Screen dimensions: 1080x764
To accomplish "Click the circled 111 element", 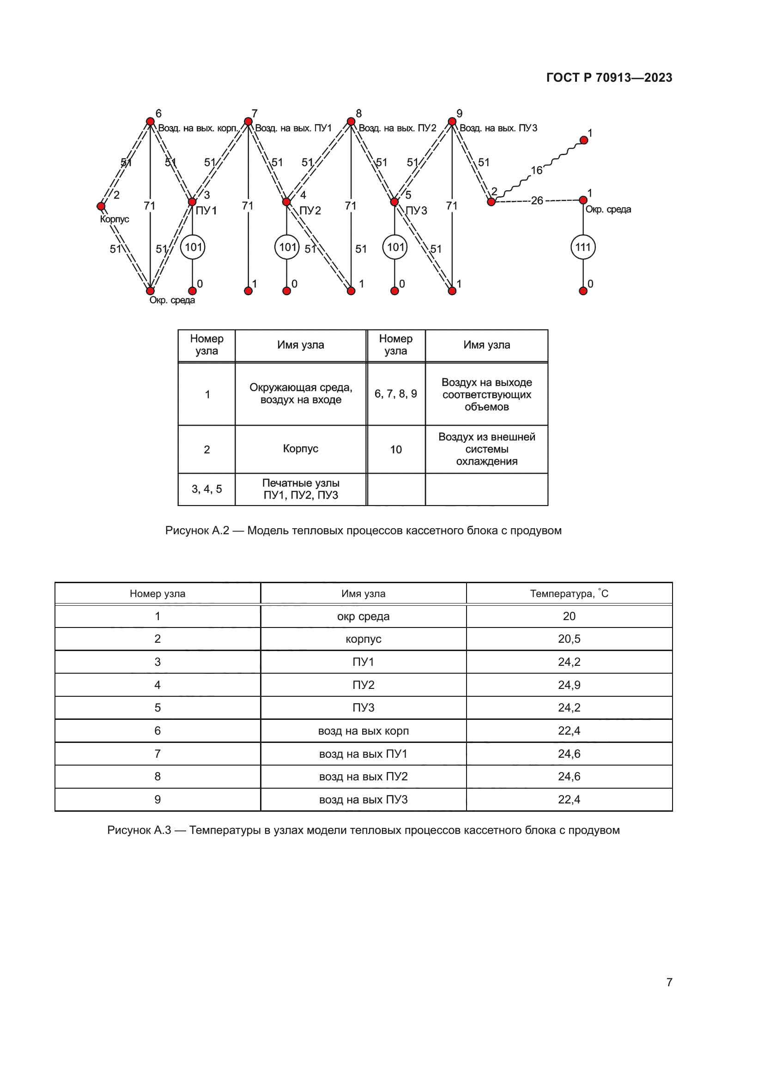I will [582, 247].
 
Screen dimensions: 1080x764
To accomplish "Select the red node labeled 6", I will [150, 122].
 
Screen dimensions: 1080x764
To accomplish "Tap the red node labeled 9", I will [452, 122].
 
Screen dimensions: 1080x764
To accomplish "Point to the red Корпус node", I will [101, 206].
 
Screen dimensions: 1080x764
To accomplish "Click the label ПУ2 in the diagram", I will [310, 210].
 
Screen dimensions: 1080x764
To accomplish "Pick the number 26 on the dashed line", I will [537, 201].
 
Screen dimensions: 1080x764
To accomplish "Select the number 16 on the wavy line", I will [536, 170].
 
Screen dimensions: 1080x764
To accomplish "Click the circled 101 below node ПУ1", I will [193, 247].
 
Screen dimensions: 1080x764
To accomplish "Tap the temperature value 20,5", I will [569, 639].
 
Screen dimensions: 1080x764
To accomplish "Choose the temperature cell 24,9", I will [569, 685].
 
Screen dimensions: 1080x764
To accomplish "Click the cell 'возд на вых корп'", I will [363, 730].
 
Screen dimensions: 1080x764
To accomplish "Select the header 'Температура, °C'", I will [569, 594].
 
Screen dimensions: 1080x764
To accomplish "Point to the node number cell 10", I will [396, 450].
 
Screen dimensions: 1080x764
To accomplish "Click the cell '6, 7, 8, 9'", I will [396, 394].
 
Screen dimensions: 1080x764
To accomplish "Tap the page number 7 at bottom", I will [669, 982].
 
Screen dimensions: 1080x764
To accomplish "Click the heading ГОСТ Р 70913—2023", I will [609, 78].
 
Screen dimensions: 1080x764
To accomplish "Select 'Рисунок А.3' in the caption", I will [139, 830].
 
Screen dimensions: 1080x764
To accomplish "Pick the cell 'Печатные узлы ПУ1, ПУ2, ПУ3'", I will [301, 489].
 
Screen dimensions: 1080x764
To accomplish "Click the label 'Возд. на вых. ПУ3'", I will [498, 128].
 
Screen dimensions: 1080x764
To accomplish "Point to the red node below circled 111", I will [583, 291].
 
